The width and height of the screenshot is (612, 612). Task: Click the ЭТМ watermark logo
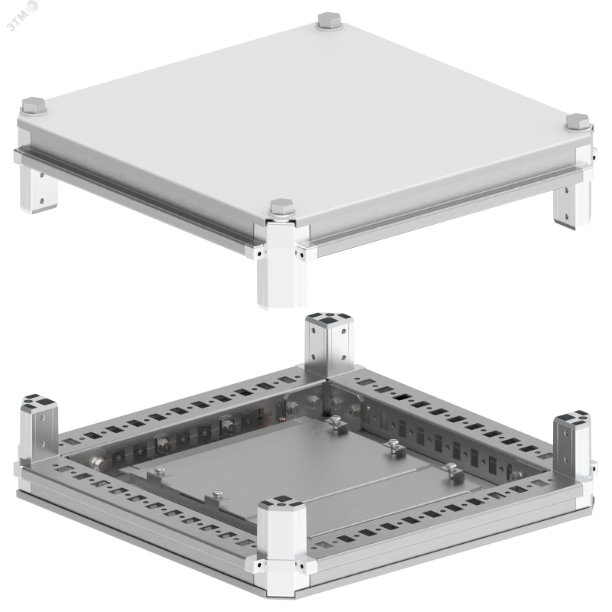click(23, 15)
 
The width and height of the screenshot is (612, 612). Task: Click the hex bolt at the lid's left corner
click(34, 106)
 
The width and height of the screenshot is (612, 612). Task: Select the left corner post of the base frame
click(37, 426)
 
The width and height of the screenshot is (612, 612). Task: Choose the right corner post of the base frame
click(572, 441)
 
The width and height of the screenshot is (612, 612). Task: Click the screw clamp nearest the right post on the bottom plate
click(454, 470)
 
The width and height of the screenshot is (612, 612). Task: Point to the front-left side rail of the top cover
click(137, 197)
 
